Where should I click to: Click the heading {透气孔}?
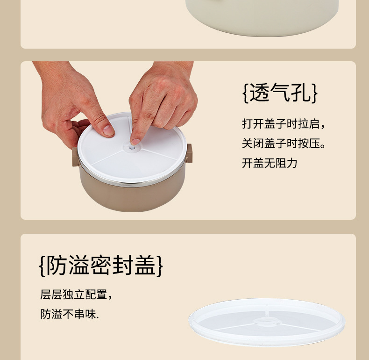pos(280,93)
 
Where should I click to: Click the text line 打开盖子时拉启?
pos(284,124)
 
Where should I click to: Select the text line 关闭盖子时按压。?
pos(284,143)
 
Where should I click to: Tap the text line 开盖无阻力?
pos(270,163)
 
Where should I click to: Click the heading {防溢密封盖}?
pos(101,265)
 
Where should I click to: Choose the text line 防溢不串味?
pos(70,314)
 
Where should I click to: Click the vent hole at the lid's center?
pos(132,148)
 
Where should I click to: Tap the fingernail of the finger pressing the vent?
pos(135,141)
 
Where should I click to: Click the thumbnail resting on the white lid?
pos(108,130)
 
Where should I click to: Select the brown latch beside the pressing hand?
pos(189,153)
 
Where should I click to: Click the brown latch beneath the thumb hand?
pos(75,157)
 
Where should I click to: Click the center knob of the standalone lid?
pos(267,322)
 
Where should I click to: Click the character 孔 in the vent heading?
pos(301,93)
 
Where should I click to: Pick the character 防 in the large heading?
pos(56,265)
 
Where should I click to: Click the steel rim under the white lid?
pos(132,181)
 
